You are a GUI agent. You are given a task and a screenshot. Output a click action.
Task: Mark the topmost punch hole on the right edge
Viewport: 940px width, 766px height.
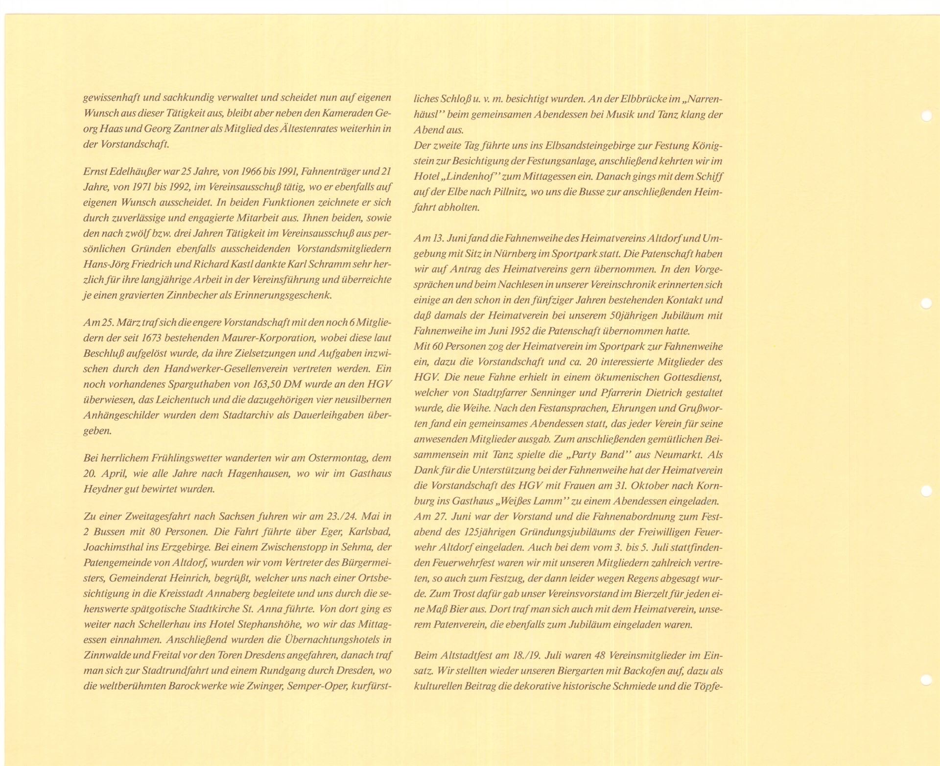926,116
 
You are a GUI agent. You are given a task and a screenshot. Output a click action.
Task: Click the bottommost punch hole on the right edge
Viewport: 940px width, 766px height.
926,679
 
